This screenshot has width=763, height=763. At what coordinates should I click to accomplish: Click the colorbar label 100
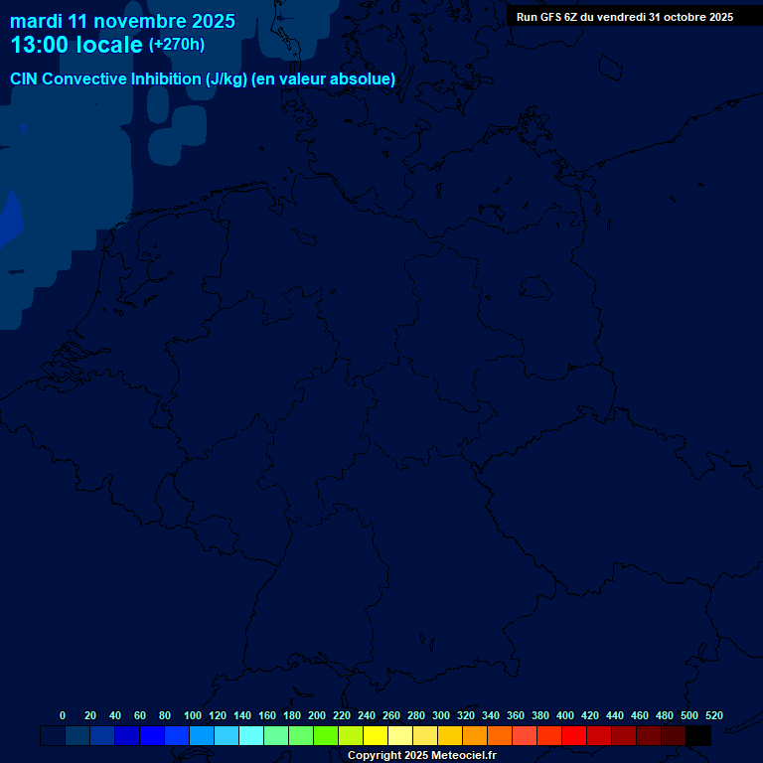[x=193, y=715]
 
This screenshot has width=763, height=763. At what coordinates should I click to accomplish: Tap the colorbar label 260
[x=391, y=715]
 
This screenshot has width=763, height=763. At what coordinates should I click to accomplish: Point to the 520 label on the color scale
[x=713, y=715]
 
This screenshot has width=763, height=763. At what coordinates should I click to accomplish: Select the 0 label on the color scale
[x=63, y=715]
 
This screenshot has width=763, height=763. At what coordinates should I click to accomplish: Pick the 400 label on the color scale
[x=565, y=715]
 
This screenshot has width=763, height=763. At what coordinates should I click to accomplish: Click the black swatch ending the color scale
[x=698, y=735]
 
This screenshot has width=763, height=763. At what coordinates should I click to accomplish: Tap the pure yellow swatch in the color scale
[x=376, y=735]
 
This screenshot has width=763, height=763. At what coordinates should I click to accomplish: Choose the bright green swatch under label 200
[x=326, y=735]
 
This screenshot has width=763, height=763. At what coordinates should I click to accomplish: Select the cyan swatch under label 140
[x=251, y=735]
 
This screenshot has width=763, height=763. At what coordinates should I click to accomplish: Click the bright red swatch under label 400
[x=574, y=735]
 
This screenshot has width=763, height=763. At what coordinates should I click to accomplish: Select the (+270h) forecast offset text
[x=176, y=45]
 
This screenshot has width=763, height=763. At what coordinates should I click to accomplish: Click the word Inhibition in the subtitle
[x=166, y=79]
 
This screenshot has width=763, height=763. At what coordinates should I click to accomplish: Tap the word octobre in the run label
[x=679, y=17]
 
